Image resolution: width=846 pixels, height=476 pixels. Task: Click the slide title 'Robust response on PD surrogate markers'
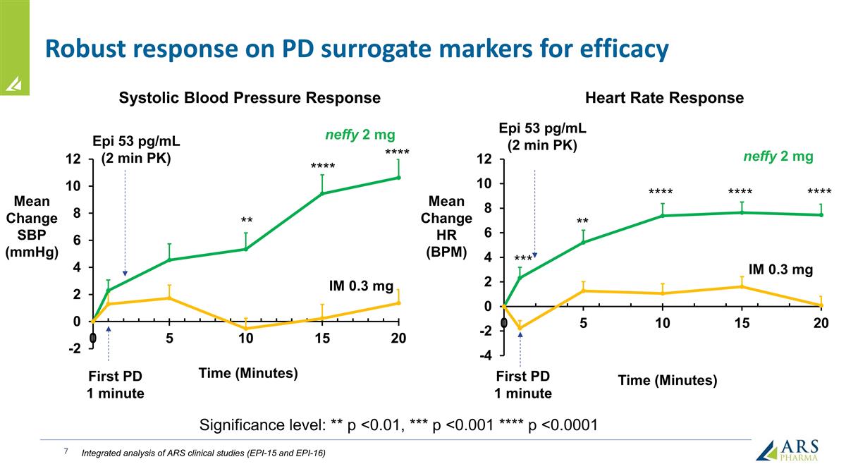click(356, 49)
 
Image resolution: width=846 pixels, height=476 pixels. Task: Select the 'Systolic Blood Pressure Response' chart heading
click(250, 98)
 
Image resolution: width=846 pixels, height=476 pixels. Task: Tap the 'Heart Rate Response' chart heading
click(664, 98)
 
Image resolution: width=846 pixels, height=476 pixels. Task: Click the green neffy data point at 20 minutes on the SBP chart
click(399, 178)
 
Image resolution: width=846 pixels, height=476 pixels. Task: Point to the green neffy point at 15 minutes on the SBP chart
click(322, 193)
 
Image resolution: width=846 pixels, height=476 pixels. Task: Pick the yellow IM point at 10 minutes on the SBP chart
click(245, 329)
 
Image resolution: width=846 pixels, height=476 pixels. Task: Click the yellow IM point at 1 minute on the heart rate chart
click(520, 328)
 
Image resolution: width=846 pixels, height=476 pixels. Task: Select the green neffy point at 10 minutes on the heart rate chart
click(663, 215)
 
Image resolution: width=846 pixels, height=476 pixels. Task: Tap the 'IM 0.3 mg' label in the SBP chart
click(362, 286)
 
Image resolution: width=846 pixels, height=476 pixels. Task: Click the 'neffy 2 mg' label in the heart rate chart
click(778, 157)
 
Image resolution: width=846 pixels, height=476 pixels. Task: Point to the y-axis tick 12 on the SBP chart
click(73, 159)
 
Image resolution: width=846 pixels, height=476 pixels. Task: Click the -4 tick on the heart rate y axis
click(486, 356)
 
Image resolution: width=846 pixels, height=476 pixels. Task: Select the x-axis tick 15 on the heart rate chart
click(742, 324)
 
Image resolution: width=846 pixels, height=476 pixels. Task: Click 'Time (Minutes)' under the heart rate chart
click(667, 381)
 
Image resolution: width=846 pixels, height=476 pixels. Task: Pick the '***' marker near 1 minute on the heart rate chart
click(522, 260)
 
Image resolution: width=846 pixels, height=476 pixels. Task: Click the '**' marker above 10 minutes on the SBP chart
click(246, 221)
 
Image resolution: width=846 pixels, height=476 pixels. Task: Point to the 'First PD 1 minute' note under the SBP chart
click(115, 384)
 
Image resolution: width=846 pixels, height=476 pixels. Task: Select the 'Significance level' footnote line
click(399, 425)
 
